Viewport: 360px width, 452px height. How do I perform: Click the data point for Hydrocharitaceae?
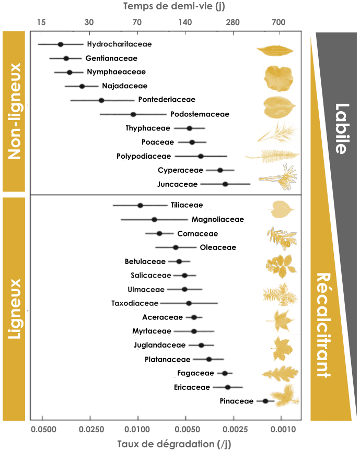pos(61,45)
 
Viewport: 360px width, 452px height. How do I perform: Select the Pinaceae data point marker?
pos(265,401)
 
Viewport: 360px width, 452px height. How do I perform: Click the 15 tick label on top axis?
pos(42,22)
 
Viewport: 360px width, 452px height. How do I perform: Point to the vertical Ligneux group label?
pos(14,308)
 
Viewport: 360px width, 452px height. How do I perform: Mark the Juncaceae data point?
pos(225,184)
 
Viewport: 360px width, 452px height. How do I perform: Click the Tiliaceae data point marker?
pos(140,206)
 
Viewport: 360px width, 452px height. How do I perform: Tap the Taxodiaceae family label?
pos(134,303)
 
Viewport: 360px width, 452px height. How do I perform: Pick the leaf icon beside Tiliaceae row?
pos(281,209)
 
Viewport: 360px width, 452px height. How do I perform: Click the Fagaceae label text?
pos(195,373)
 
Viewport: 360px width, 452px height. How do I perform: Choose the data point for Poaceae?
pos(192,142)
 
